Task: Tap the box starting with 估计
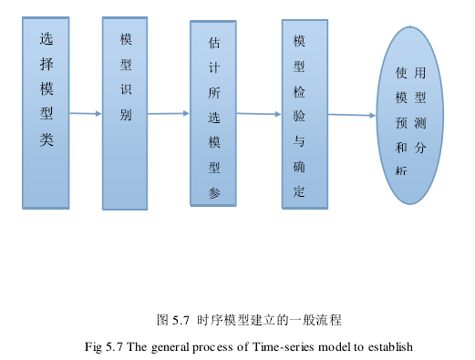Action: click(x=213, y=114)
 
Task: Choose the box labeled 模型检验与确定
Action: click(x=299, y=114)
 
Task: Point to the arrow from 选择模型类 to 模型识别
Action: click(x=86, y=114)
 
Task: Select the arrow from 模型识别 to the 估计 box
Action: click(x=168, y=114)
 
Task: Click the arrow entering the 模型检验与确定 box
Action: click(x=259, y=114)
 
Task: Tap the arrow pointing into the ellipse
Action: click(x=352, y=115)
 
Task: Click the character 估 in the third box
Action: click(x=214, y=43)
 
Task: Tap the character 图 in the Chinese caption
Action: click(x=163, y=320)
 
